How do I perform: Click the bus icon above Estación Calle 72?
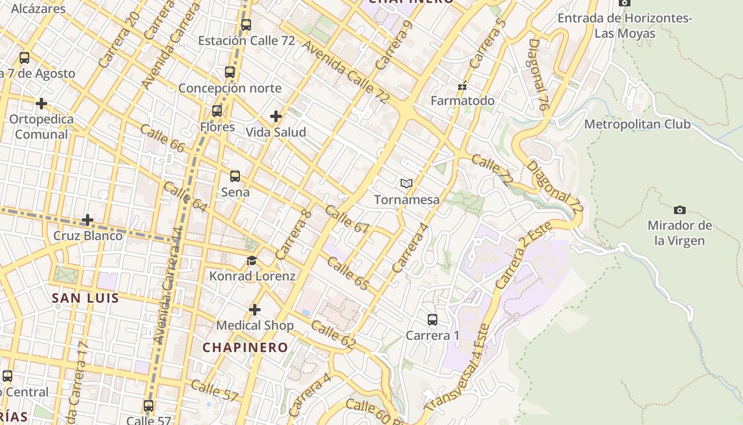[x=246, y=24]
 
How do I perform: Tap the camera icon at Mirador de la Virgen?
[x=679, y=210]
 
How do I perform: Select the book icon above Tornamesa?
[x=407, y=184]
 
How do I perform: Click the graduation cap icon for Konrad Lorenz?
[x=252, y=261]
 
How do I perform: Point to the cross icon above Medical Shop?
[x=255, y=310]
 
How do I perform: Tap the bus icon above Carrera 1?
[x=433, y=320]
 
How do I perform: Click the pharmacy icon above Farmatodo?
[x=463, y=85]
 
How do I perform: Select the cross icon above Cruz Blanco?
[x=88, y=219]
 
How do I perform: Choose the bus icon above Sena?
[x=235, y=176]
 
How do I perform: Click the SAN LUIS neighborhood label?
[x=85, y=298]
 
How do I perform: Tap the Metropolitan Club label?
[x=637, y=124]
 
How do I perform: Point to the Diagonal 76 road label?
[x=538, y=74]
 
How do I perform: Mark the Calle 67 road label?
[x=347, y=219]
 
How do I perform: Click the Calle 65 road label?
[x=348, y=274]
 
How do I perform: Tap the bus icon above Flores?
[x=217, y=111]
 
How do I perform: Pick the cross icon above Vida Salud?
[x=276, y=116]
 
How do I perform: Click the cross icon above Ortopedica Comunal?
[x=41, y=103]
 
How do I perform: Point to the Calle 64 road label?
[x=185, y=197]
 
